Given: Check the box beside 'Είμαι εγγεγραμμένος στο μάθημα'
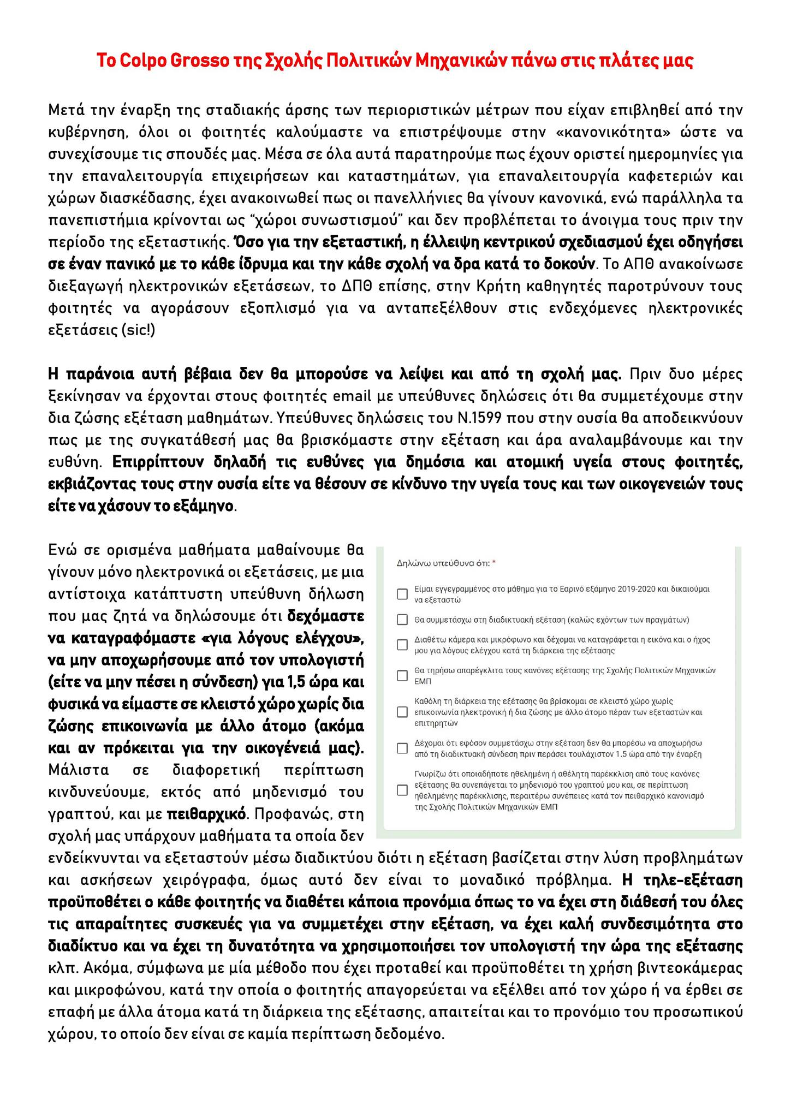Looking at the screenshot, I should (x=402, y=594).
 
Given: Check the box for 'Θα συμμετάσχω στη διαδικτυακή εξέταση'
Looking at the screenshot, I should (x=402, y=620).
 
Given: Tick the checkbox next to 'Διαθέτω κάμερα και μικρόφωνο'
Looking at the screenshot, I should (x=402, y=645).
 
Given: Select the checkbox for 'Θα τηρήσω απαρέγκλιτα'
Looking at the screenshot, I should (x=402, y=676).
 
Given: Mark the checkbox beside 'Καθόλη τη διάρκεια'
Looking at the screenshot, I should (x=402, y=712).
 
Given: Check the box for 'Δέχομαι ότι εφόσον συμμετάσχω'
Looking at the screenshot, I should (x=402, y=748).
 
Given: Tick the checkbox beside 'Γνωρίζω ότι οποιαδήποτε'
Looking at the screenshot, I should (x=402, y=790).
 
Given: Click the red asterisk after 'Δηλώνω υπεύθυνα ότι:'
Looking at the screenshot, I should (x=494, y=563).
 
